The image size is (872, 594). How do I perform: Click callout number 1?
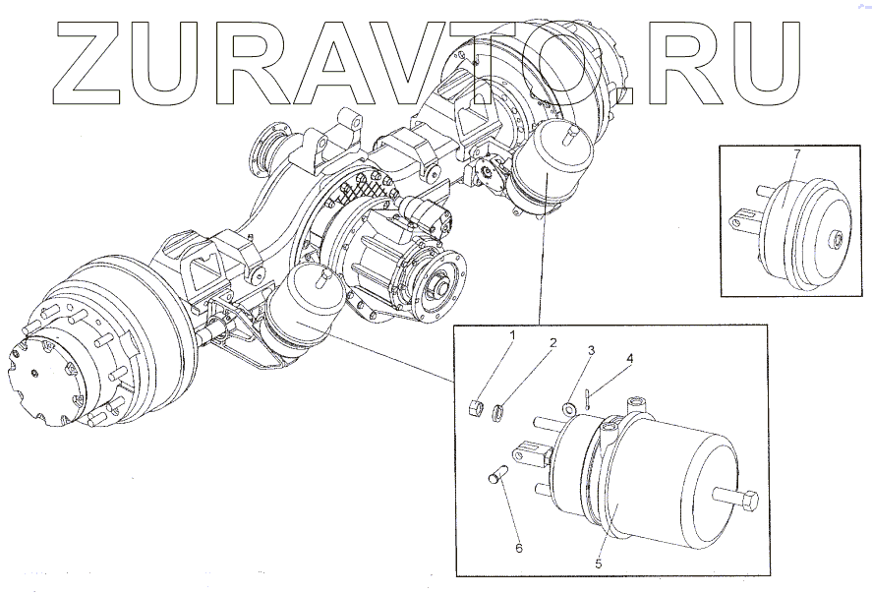point(511,335)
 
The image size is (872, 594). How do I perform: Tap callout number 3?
point(592,350)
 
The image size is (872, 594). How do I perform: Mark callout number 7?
point(797,154)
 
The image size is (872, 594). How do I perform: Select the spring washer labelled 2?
point(498,411)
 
